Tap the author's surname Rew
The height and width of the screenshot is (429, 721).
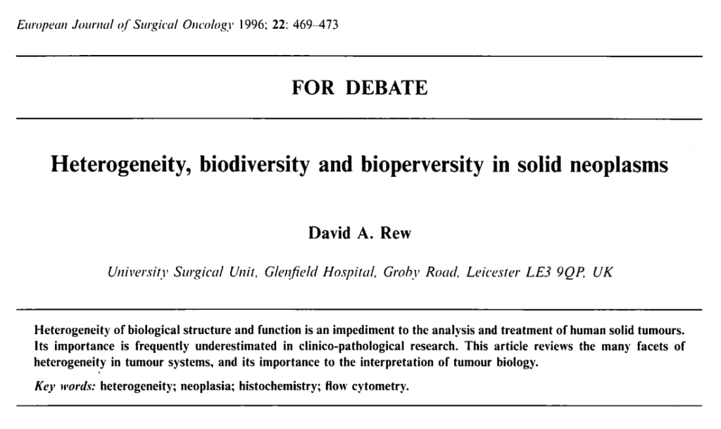pyautogui.click(x=395, y=234)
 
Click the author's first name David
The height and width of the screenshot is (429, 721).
pyautogui.click(x=330, y=234)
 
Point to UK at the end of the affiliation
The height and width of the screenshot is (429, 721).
pyautogui.click(x=603, y=272)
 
